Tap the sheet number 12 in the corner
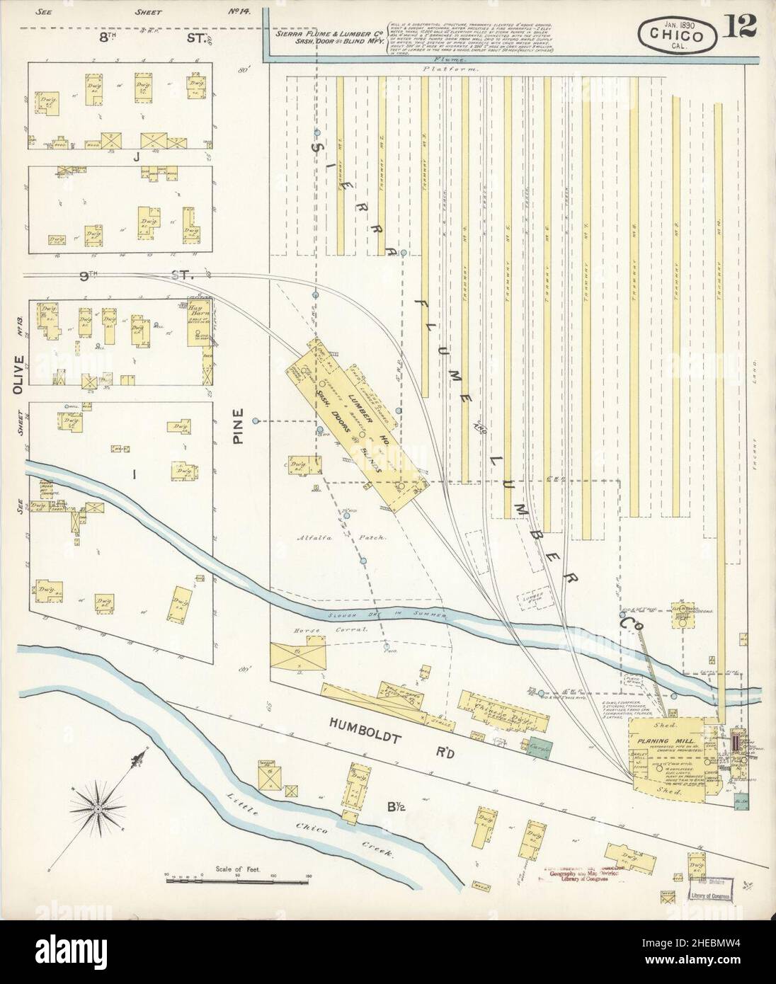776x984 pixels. click(740, 28)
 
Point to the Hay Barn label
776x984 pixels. click(195, 311)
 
